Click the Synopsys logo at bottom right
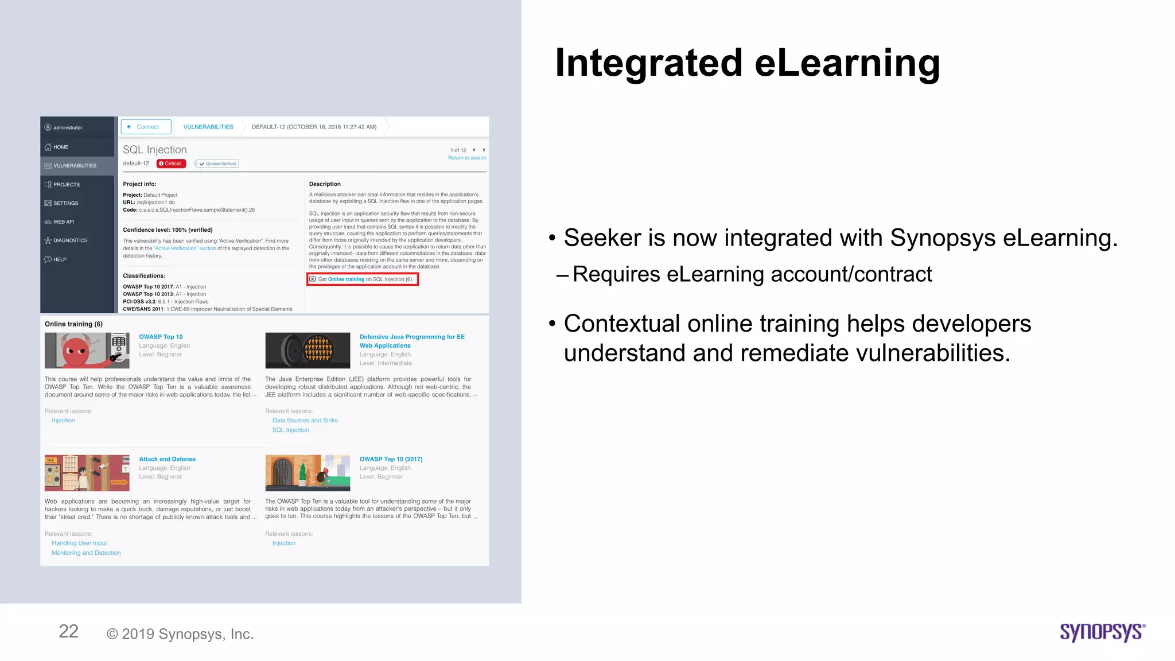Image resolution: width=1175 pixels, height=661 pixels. click(1102, 632)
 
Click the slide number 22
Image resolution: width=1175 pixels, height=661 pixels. click(68, 632)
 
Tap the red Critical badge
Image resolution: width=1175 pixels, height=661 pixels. click(171, 164)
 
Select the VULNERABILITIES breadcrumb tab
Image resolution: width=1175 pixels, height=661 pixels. click(208, 127)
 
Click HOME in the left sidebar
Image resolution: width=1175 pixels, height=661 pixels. click(61, 147)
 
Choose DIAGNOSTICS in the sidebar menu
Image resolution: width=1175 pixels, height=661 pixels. click(70, 240)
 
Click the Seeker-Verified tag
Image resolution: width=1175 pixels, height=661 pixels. click(217, 164)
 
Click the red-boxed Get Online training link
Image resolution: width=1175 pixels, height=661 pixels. click(363, 279)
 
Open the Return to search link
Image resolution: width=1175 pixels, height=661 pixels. click(466, 158)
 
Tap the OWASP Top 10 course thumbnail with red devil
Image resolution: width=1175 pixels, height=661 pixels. click(87, 351)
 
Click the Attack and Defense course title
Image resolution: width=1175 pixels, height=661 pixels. click(167, 459)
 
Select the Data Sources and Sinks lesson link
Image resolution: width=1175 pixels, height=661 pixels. click(305, 421)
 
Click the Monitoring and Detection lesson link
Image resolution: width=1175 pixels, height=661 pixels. click(86, 553)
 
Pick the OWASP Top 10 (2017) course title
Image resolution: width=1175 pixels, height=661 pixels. click(391, 459)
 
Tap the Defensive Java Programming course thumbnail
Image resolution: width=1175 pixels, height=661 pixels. click(308, 351)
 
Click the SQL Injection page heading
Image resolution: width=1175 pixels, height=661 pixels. click(155, 150)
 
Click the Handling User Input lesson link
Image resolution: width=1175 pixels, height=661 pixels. click(79, 543)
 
